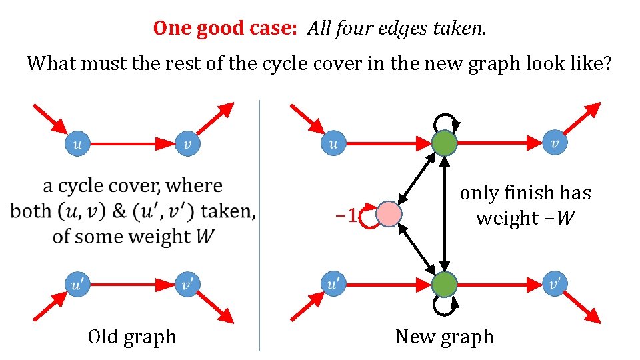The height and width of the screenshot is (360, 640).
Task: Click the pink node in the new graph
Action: [x=389, y=215]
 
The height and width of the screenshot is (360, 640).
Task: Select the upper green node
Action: [x=445, y=143]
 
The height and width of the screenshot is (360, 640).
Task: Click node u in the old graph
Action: [x=77, y=143]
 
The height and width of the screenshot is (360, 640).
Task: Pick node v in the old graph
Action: [x=187, y=143]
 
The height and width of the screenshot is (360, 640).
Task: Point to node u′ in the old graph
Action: [x=77, y=284]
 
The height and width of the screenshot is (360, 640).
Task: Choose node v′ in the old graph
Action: [x=187, y=284]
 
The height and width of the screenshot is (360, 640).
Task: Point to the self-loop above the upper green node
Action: [x=445, y=121]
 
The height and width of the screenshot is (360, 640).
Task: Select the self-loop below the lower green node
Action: [x=445, y=306]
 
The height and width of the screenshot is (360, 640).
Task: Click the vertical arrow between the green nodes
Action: [x=445, y=213]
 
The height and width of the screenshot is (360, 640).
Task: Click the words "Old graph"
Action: [x=132, y=337]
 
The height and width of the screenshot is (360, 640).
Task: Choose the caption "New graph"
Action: [x=444, y=337]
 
